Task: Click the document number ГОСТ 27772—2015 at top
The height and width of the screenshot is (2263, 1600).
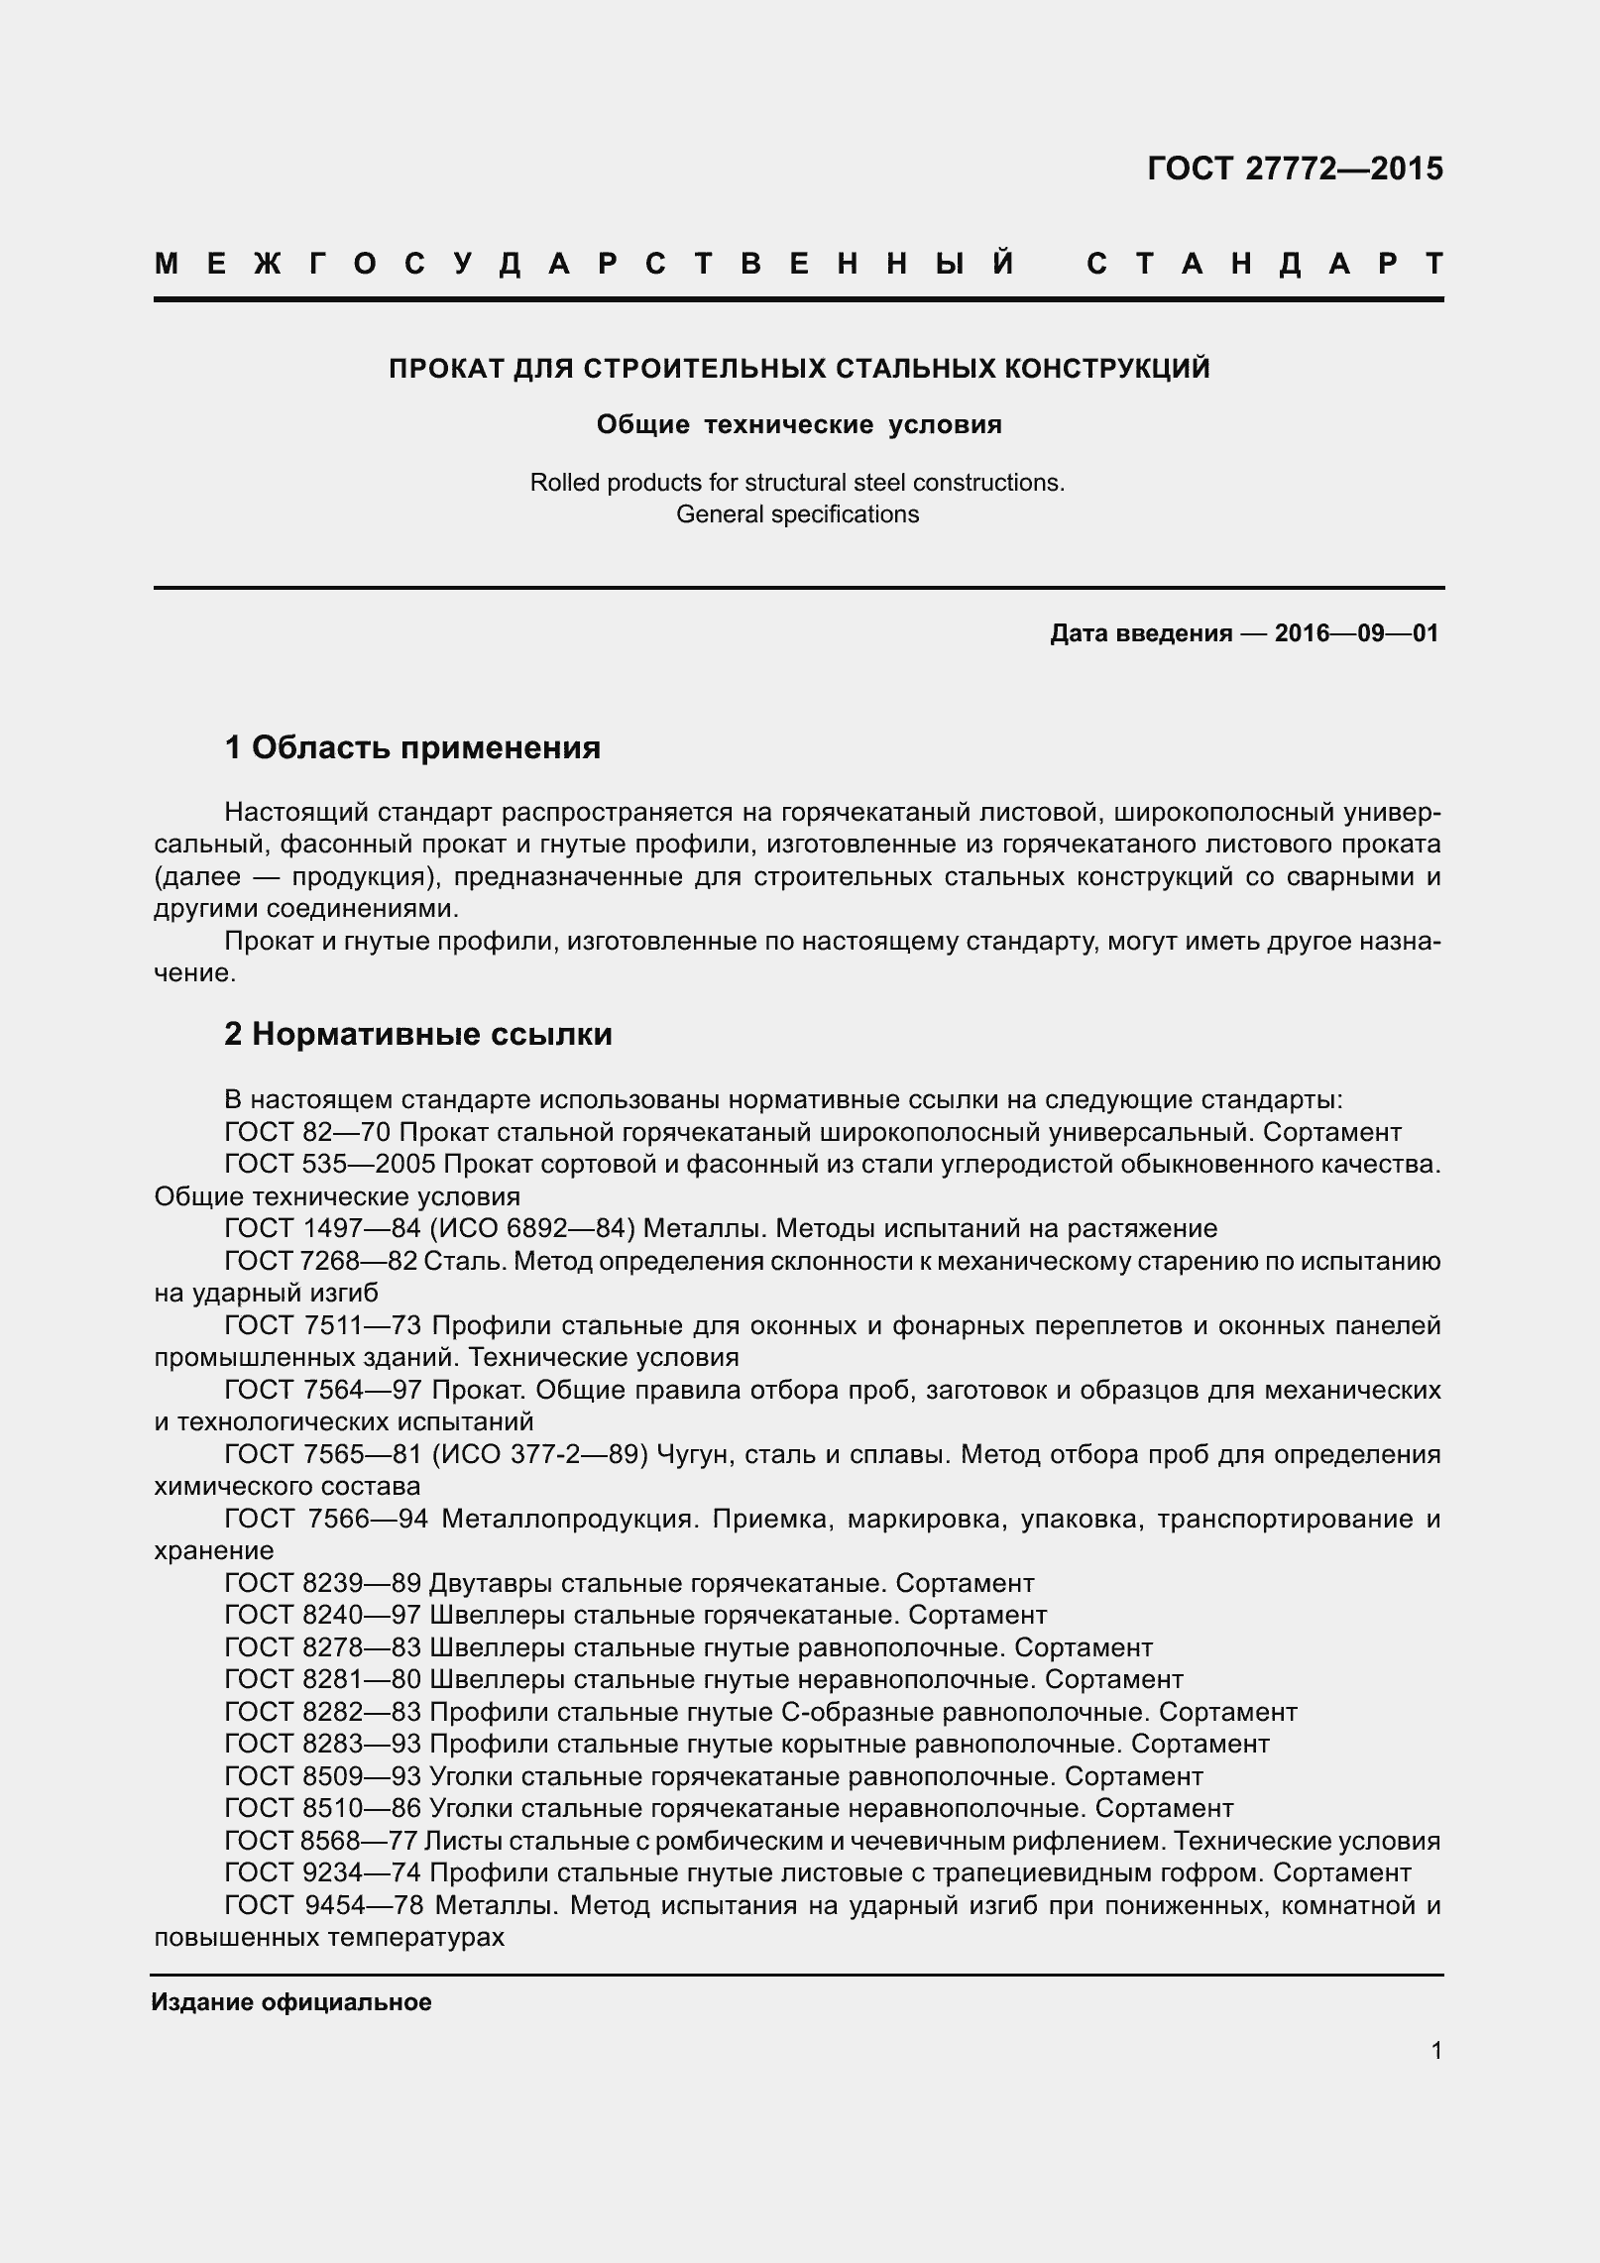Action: coord(1294,170)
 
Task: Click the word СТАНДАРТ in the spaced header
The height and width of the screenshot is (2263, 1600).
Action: coord(1264,265)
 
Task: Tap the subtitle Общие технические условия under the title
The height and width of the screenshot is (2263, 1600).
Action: coord(799,425)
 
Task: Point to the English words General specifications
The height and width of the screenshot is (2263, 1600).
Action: coord(797,514)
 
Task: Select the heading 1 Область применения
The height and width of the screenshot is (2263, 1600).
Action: coord(412,746)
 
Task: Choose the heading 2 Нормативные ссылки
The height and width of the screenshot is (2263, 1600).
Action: coord(417,1034)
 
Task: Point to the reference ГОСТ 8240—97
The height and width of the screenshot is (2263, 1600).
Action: coord(322,1616)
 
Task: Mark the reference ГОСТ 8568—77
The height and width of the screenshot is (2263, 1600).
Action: coord(320,1841)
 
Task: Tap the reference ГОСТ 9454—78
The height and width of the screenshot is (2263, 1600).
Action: coord(323,1905)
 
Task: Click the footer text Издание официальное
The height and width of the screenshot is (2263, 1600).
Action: coord(291,2002)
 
